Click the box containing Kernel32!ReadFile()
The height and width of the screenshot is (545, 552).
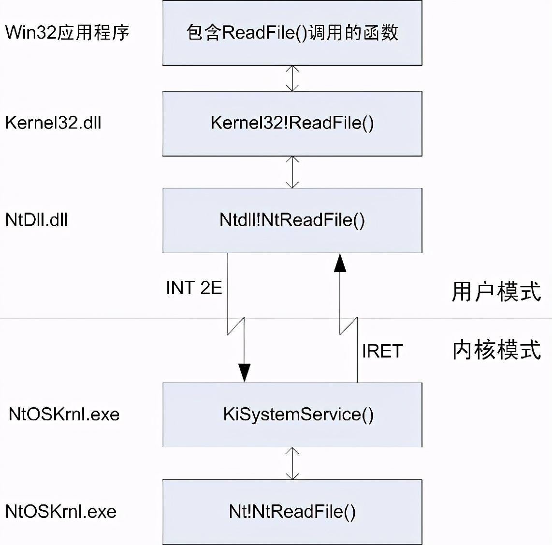(x=292, y=123)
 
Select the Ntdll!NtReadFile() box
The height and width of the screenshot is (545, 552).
(x=292, y=220)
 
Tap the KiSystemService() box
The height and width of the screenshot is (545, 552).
(x=292, y=415)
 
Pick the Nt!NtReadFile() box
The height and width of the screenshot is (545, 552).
(x=292, y=512)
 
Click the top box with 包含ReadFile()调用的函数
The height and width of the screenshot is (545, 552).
(x=292, y=33)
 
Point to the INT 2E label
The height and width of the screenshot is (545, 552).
(x=194, y=288)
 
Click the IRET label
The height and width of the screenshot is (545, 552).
(x=382, y=351)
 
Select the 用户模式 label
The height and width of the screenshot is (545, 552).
(x=496, y=292)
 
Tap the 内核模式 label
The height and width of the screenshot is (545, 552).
(x=496, y=350)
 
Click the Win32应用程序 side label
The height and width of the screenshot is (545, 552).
(x=67, y=33)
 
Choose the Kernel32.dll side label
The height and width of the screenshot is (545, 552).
(x=53, y=123)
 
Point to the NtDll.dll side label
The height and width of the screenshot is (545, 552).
(x=36, y=220)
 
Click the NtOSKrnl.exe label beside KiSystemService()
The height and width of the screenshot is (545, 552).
(x=64, y=415)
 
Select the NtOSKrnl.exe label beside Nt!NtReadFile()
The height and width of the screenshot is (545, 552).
(x=61, y=512)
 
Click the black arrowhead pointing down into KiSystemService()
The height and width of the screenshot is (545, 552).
(x=245, y=372)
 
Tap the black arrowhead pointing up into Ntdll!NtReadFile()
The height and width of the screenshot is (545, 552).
(x=340, y=263)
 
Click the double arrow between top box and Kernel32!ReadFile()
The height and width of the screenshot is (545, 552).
(x=292, y=78)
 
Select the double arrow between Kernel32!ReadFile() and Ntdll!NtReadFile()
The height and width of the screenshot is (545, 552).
(x=292, y=172)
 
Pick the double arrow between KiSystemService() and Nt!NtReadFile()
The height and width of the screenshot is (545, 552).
(x=292, y=463)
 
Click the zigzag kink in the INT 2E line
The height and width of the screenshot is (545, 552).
(x=236, y=326)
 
